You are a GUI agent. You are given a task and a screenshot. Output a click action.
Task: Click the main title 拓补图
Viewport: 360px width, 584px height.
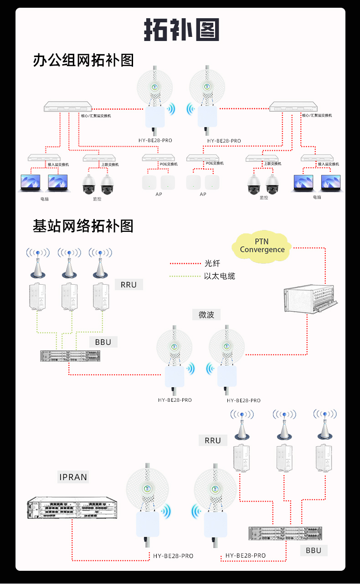click(x=181, y=30)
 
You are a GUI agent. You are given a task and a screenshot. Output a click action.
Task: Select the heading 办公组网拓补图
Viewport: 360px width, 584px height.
click(x=83, y=60)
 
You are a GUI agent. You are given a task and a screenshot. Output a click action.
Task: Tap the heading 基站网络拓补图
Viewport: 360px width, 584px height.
click(x=83, y=225)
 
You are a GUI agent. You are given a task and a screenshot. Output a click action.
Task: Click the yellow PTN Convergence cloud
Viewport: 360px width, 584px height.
click(x=262, y=247)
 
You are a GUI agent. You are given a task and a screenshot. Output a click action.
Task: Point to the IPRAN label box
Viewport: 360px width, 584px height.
click(x=73, y=477)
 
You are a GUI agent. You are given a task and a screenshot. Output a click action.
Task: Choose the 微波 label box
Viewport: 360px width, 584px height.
click(x=206, y=314)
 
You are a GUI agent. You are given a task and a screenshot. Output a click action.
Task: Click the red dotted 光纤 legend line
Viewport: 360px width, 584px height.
click(x=185, y=263)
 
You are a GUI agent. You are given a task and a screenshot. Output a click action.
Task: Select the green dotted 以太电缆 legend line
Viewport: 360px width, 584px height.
click(x=185, y=276)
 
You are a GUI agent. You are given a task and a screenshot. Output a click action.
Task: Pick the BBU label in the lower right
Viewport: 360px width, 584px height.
click(x=314, y=550)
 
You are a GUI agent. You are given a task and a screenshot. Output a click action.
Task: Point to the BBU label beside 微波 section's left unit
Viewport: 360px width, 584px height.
click(x=103, y=342)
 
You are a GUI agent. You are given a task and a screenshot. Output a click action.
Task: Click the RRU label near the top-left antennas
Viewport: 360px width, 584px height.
click(x=129, y=285)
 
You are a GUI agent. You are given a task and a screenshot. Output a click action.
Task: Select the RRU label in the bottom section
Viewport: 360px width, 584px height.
click(x=213, y=441)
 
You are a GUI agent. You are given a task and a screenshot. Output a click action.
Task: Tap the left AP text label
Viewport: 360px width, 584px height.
click(x=159, y=195)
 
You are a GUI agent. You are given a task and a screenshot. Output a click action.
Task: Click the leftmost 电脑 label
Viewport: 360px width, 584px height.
click(x=44, y=199)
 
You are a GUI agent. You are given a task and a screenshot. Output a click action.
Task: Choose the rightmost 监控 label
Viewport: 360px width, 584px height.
click(x=264, y=198)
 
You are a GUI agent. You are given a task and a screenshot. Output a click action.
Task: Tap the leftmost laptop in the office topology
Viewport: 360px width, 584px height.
click(x=31, y=183)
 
